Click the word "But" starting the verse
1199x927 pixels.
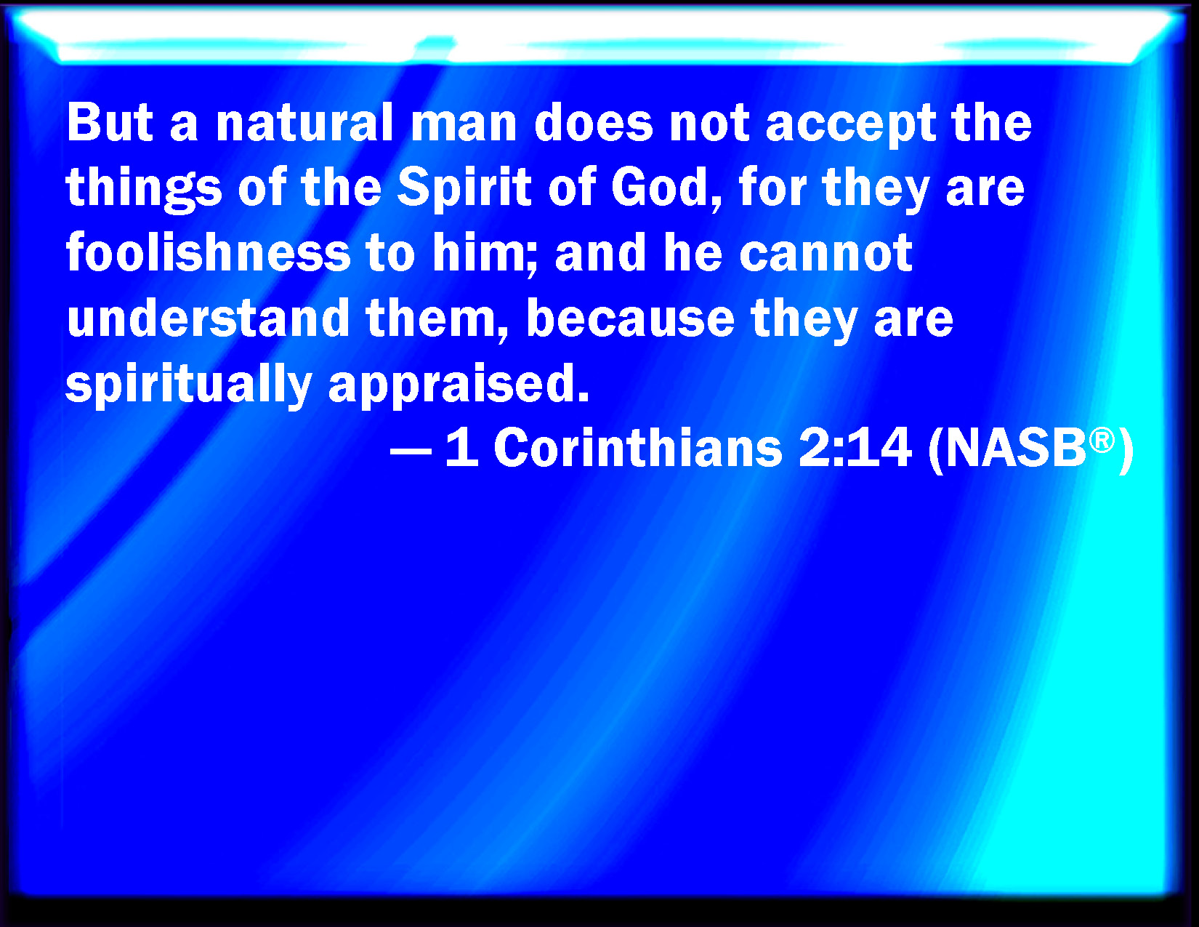click(109, 122)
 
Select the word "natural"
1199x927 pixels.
click(304, 122)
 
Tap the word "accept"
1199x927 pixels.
click(851, 127)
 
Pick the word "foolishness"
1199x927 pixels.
click(209, 252)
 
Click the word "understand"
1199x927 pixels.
click(208, 318)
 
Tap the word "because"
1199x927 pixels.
click(630, 318)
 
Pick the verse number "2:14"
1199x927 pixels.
click(855, 448)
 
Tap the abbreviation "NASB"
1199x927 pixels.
click(1016, 448)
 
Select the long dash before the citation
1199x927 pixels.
click(411, 452)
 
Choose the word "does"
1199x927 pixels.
click(594, 122)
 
